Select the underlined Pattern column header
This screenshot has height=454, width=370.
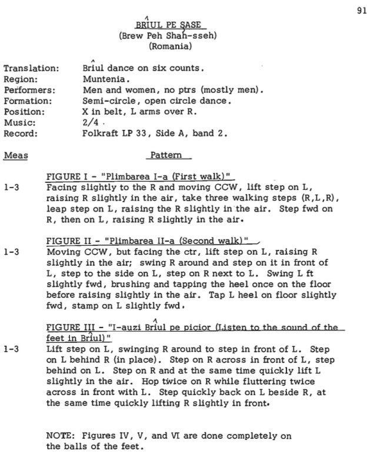(168, 156)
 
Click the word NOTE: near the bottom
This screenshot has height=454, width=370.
(59, 435)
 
